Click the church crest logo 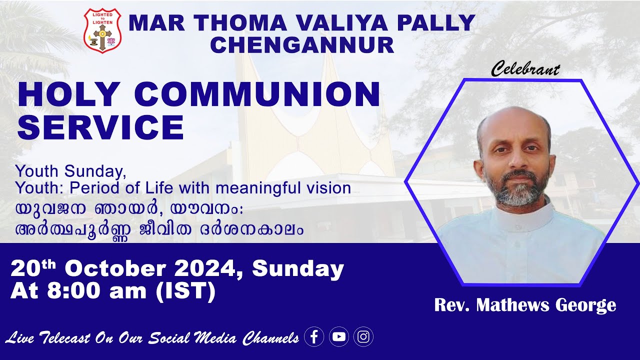(x=102, y=31)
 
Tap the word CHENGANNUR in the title (x=302, y=45)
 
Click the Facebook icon (x=314, y=337)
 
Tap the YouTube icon (x=339, y=337)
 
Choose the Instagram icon (x=363, y=337)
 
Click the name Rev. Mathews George (x=525, y=305)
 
